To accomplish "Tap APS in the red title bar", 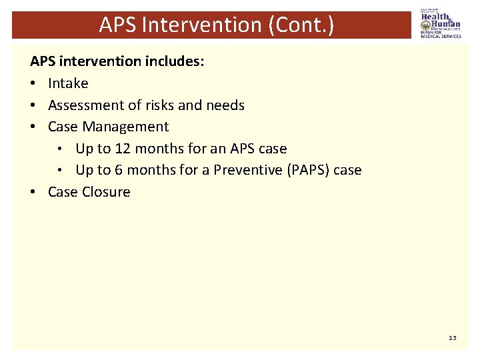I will pyautogui.click(x=117, y=25).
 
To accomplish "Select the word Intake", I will pyautogui.click(x=68, y=83).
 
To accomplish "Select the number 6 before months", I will pyautogui.click(x=119, y=170).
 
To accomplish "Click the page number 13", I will pyautogui.click(x=453, y=338).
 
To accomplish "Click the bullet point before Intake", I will pyautogui.click(x=33, y=84).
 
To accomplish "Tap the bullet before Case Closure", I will pyautogui.click(x=33, y=193).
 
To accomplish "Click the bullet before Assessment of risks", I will pyautogui.click(x=33, y=106).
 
